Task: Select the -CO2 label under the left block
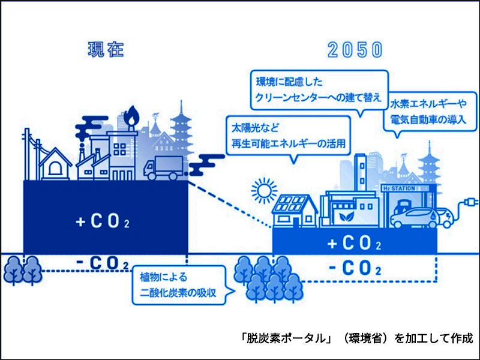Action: pos(103,264)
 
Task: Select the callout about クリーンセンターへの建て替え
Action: pos(318,89)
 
